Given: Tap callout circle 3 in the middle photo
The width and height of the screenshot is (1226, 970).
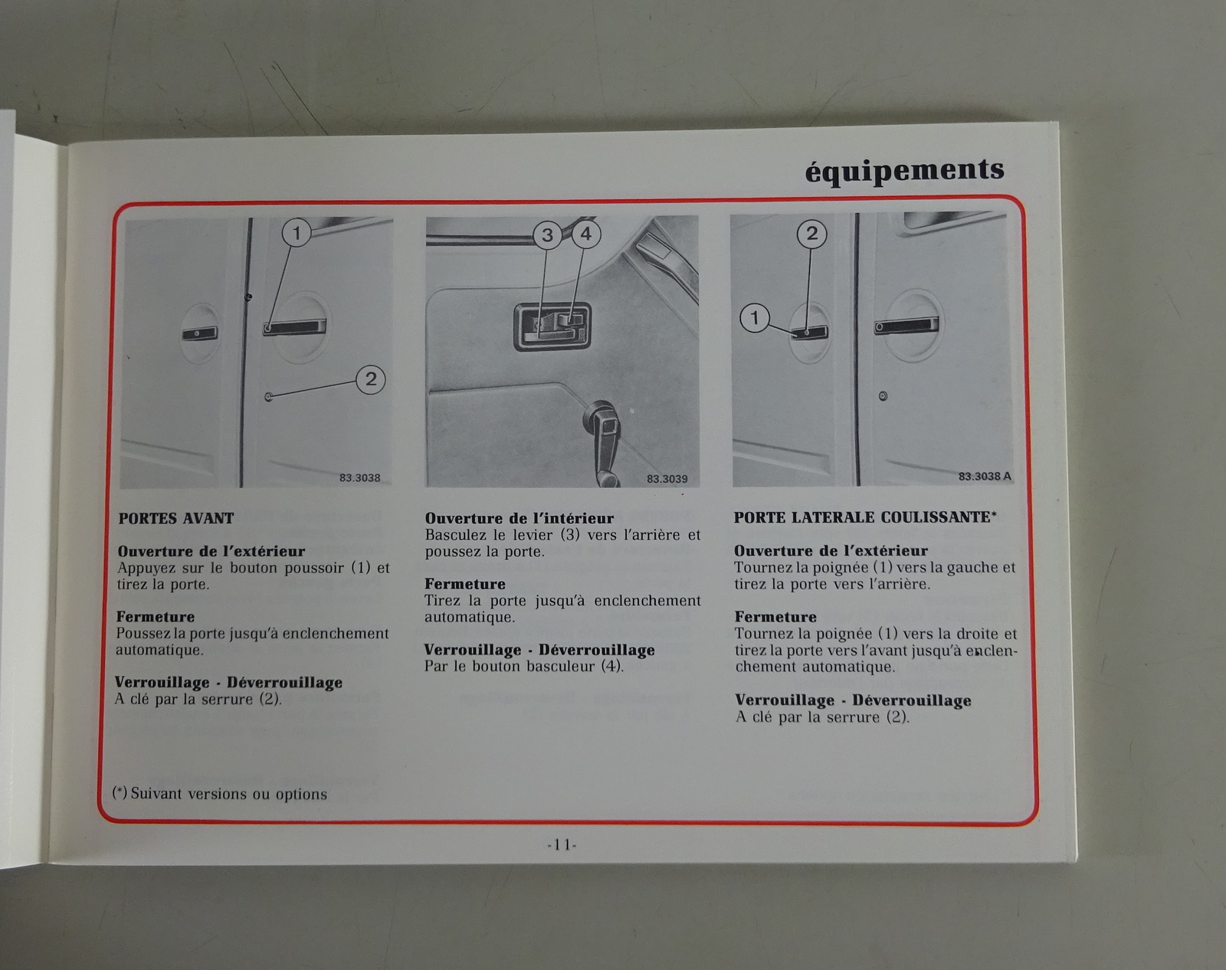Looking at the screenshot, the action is point(547,234).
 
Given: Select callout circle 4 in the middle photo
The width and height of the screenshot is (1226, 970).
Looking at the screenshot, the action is point(586,234).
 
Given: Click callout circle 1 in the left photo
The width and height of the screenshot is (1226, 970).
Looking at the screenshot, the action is point(297,232).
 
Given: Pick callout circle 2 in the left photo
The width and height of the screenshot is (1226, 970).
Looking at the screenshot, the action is point(371,379).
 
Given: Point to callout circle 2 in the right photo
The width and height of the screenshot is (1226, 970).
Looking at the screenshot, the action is point(811,234).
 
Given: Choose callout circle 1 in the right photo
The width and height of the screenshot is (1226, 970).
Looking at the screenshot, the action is point(755,318).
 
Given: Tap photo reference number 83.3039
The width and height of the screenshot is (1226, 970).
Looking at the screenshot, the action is point(667,479).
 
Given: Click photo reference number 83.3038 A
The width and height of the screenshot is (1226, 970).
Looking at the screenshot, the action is point(985,476).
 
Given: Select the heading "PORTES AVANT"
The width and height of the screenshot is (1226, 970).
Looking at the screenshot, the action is point(176,518).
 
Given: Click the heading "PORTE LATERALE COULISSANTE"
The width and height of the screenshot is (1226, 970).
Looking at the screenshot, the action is point(862,517).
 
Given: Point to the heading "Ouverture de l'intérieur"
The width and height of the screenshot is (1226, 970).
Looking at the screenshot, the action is point(519,518).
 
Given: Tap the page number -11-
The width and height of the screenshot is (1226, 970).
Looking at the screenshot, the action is point(562,844).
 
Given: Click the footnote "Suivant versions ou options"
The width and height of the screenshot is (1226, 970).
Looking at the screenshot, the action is point(229,794).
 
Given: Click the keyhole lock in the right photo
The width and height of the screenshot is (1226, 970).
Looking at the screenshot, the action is point(883,396).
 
